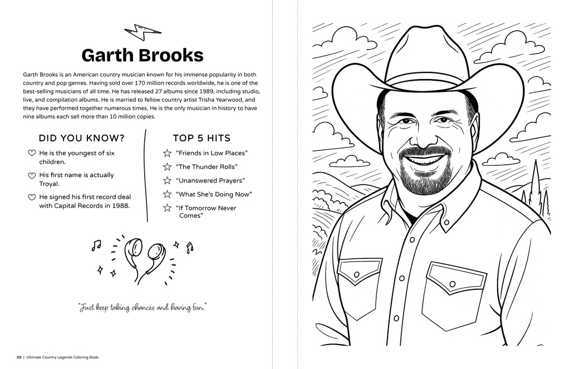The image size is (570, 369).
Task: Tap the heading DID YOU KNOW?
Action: point(81,138)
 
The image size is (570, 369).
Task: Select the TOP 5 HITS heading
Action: point(202,138)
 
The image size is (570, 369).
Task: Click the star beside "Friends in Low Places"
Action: point(166,153)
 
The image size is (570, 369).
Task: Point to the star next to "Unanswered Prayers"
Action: point(166,181)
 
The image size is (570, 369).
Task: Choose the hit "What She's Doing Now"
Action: point(214,194)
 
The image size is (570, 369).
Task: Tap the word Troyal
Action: point(49,184)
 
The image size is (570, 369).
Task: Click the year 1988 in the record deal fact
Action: point(120,205)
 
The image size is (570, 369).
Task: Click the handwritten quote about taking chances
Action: point(142,307)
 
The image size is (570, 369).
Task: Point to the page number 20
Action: point(19,357)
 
